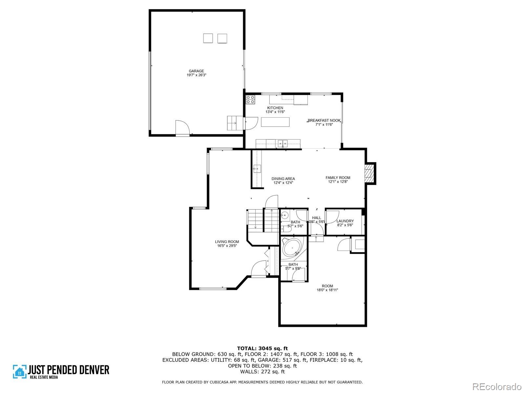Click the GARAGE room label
(196, 71)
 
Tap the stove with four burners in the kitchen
(250, 100)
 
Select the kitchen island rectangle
(275, 122)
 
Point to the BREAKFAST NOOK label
(324, 121)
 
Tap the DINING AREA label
(283, 179)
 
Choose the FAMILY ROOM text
(338, 178)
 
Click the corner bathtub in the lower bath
(293, 248)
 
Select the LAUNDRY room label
(345, 221)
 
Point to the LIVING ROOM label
(227, 242)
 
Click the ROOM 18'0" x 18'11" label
(327, 288)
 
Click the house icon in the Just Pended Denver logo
(20, 371)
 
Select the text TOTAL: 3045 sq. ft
(262, 348)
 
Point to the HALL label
(316, 217)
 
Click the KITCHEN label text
(275, 108)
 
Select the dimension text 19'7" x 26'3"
(196, 75)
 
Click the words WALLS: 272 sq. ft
(262, 371)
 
